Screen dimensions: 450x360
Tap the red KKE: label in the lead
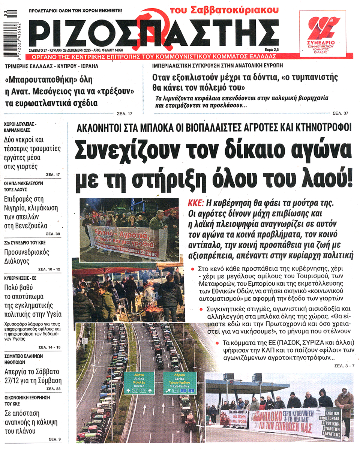pyautogui.click(x=195, y=204)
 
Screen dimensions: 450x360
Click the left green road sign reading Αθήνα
pyautogui.click(x=139, y=382)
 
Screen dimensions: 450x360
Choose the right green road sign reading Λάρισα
pyautogui.click(x=179, y=382)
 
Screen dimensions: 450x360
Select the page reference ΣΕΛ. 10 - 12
pyautogui.click(x=49, y=270)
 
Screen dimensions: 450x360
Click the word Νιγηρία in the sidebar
pyautogui.click(x=26, y=208)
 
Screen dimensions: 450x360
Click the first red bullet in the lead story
pyautogui.click(x=193, y=269)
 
